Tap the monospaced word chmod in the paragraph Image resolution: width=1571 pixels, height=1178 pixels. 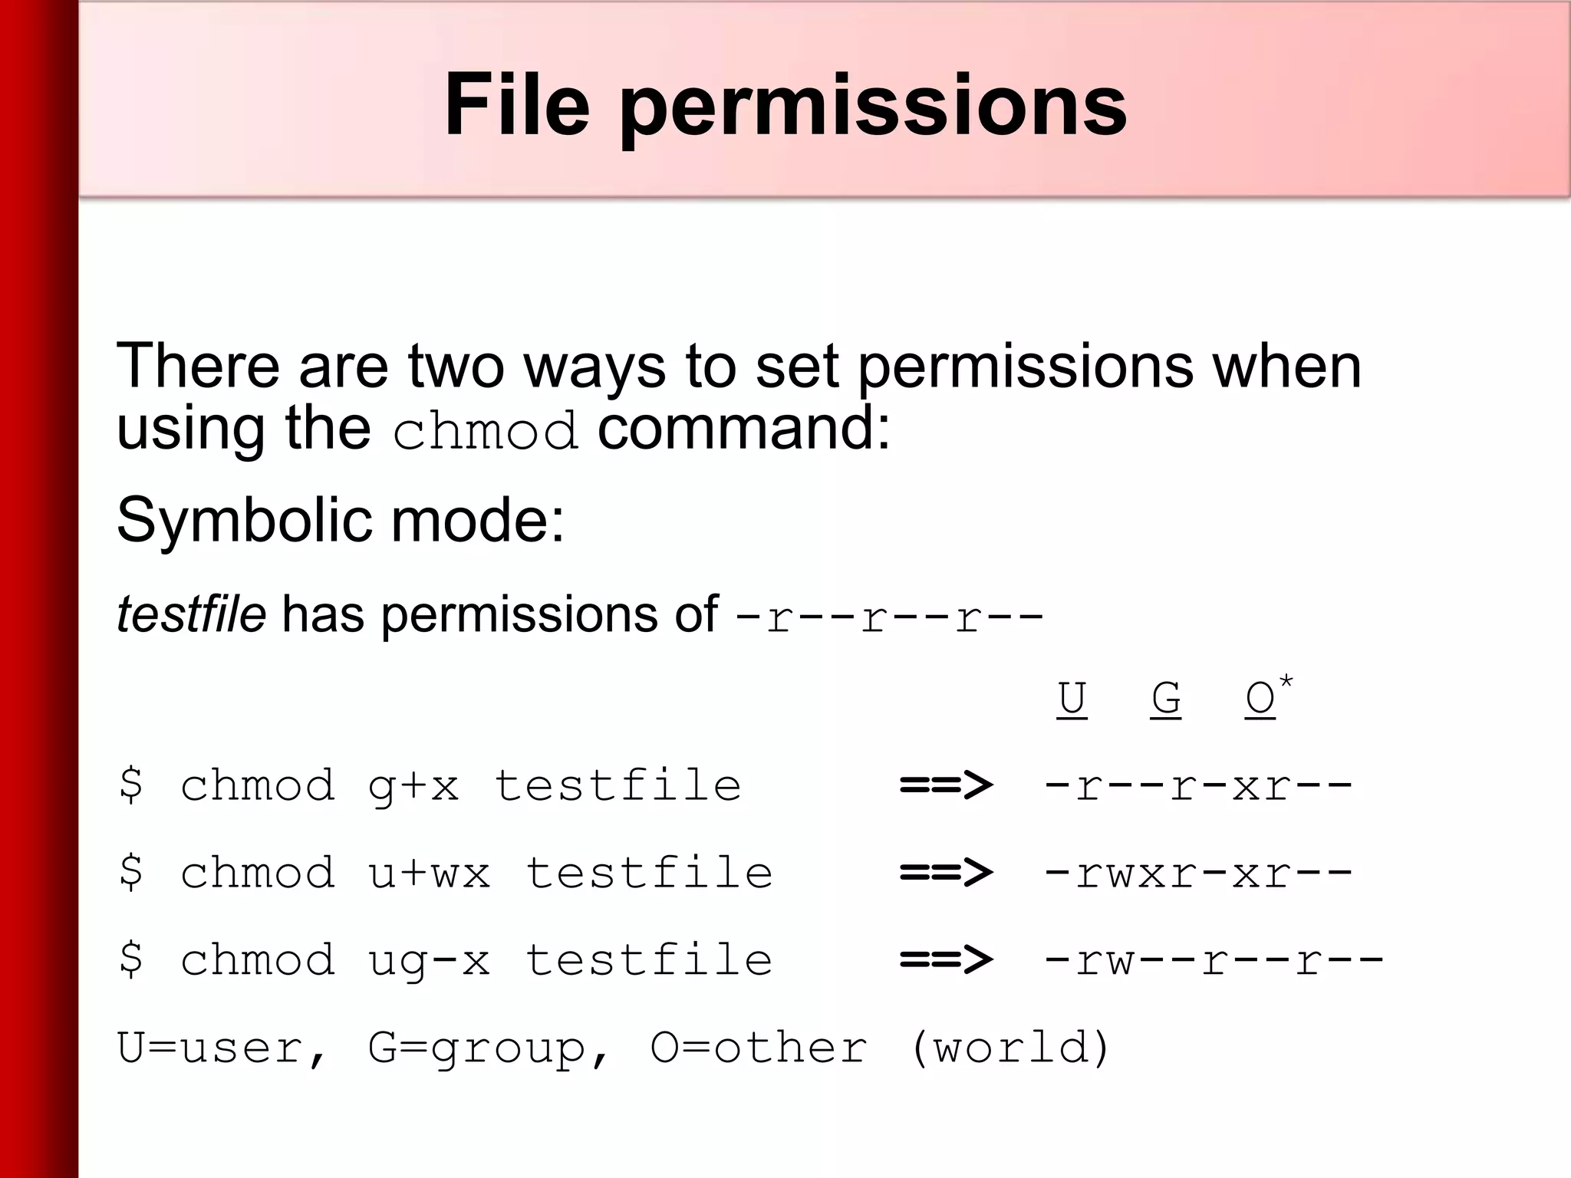click(x=485, y=431)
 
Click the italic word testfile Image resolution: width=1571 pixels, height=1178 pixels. click(x=191, y=614)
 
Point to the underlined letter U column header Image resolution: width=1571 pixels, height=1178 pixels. click(x=1072, y=699)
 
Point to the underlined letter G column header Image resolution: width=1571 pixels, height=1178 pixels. click(x=1166, y=699)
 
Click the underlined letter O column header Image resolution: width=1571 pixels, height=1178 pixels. click(x=1260, y=699)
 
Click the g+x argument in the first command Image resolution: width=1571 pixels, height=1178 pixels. click(x=413, y=786)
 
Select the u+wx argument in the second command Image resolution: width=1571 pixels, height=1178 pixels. click(x=429, y=874)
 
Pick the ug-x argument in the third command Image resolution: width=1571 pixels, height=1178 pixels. click(x=429, y=961)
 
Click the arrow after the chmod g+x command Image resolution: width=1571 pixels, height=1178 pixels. click(x=946, y=785)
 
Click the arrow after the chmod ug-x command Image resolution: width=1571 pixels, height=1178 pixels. click(x=946, y=960)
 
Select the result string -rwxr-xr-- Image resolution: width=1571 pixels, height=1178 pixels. click(x=1197, y=874)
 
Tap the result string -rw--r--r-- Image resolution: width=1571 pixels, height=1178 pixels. click(x=1214, y=961)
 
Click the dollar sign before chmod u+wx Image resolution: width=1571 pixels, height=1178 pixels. click(x=131, y=872)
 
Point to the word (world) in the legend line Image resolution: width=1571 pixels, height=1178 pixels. click(x=1010, y=1048)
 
